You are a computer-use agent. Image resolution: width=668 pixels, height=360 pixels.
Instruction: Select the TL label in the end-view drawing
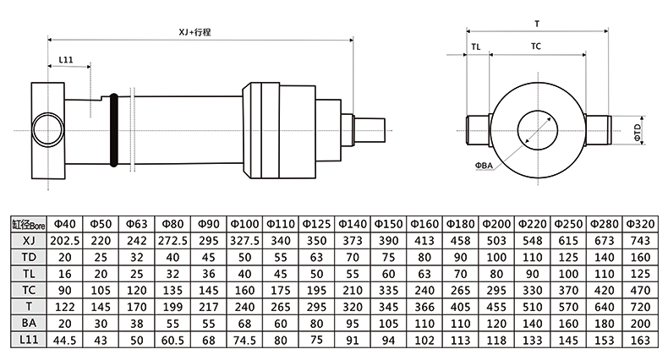[x=476, y=47]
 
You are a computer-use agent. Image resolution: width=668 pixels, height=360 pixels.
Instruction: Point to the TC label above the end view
[x=536, y=47]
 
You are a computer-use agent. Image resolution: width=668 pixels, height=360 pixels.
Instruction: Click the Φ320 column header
[x=639, y=224]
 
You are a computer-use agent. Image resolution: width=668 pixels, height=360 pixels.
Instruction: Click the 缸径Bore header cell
[x=28, y=225]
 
